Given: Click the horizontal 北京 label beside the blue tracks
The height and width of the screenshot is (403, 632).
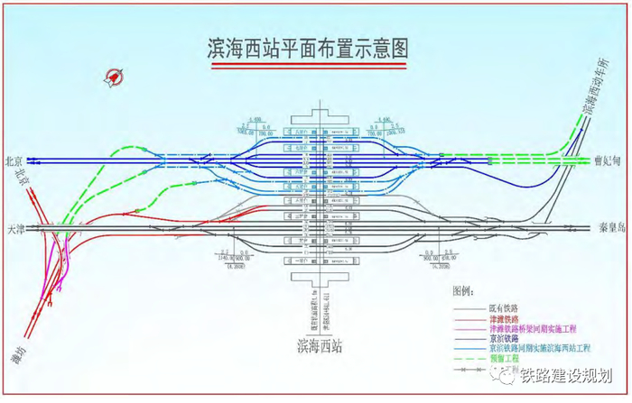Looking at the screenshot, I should pos(14,161).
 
